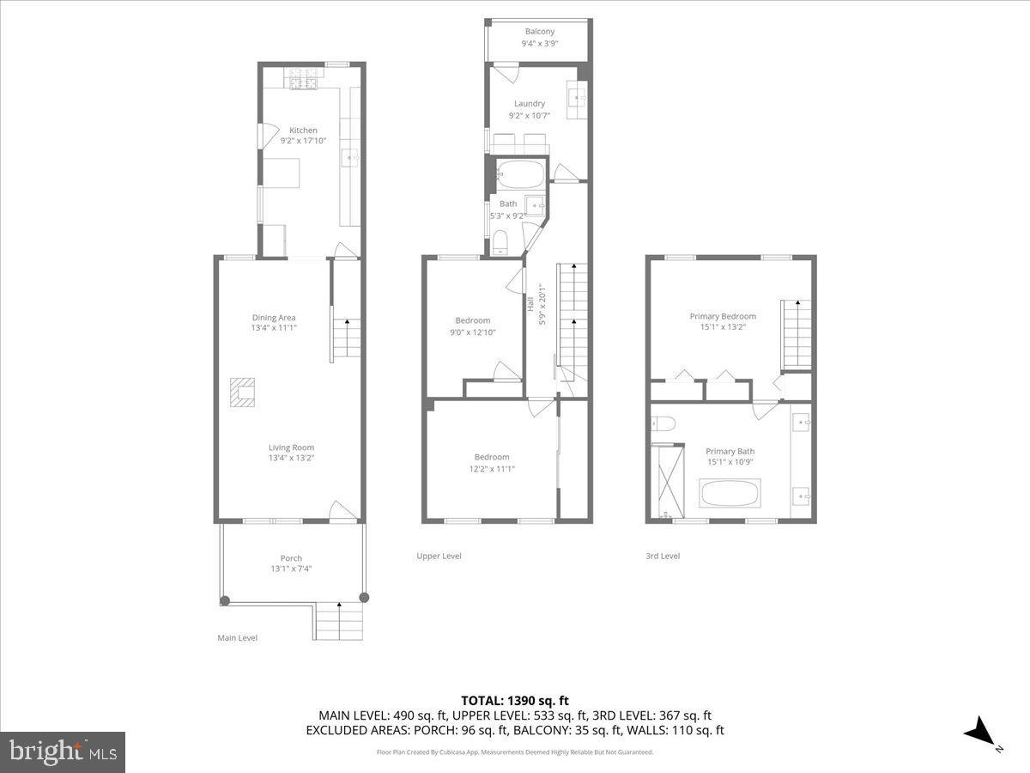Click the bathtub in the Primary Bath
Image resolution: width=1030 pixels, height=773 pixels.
pos(730,494)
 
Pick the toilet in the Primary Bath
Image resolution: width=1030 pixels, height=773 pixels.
pos(663,422)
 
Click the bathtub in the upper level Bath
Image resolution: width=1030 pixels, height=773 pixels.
pos(521,174)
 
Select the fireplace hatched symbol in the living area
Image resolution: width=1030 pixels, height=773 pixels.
pos(243,393)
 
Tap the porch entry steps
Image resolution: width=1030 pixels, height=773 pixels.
pos(340,620)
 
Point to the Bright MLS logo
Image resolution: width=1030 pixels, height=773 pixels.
pos(63,752)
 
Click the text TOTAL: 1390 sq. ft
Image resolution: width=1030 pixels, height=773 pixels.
pos(515,701)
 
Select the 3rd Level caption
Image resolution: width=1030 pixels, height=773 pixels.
pos(663,557)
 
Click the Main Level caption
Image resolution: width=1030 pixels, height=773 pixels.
pos(237,638)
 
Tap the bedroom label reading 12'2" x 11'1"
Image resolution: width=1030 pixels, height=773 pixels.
pos(492,463)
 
